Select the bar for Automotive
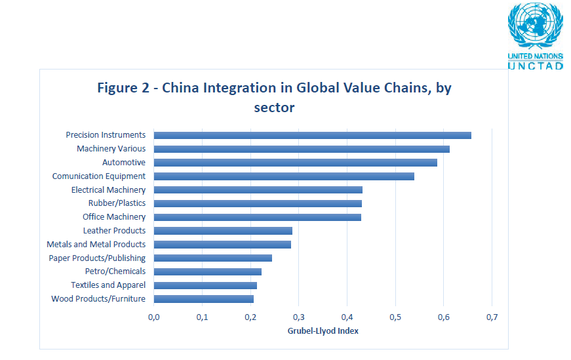(295, 163)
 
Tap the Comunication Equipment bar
(284, 176)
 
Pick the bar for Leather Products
(223, 231)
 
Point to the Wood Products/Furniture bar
(203, 299)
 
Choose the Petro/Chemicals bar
(207, 271)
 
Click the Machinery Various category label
(111, 149)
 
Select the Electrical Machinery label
(108, 190)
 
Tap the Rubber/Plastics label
(117, 203)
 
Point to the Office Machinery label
(114, 217)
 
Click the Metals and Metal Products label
(96, 245)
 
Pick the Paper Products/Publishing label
(97, 258)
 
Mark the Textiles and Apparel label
(108, 285)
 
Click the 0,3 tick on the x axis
(298, 317)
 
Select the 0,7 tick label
(492, 317)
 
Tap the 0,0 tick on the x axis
(154, 317)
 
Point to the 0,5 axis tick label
(395, 317)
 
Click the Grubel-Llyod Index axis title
(323, 331)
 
